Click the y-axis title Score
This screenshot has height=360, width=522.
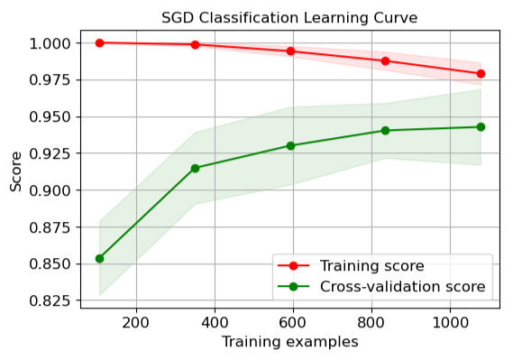pyautogui.click(x=16, y=171)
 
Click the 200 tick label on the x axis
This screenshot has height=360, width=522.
pyautogui.click(x=135, y=321)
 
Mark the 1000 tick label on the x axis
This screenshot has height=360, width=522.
pyautogui.click(x=450, y=321)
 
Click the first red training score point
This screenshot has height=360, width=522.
pyautogui.click(x=99, y=42)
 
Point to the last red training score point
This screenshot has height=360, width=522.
pyautogui.click(x=481, y=74)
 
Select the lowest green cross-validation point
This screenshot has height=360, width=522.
pyautogui.click(x=99, y=259)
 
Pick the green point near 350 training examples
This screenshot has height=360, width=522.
pyautogui.click(x=195, y=168)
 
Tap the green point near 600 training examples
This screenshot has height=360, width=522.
pyautogui.click(x=290, y=145)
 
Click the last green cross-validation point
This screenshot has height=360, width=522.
pyautogui.click(x=481, y=127)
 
